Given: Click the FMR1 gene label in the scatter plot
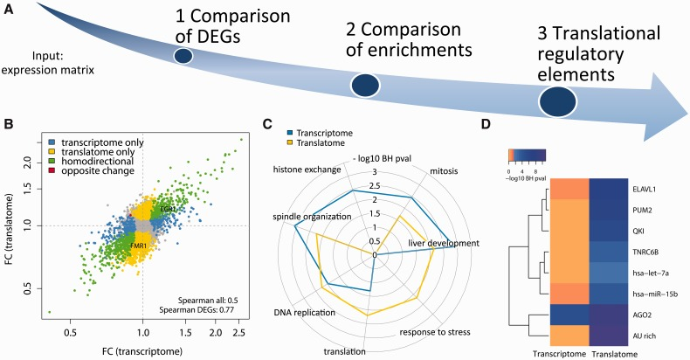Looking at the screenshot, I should (138, 247).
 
